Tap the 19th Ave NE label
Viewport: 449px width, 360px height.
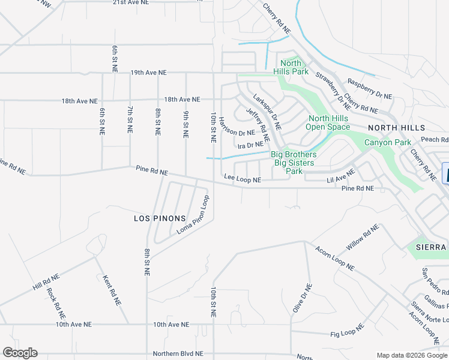click(148, 73)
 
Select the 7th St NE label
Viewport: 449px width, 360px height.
click(130, 119)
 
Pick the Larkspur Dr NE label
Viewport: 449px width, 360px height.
click(267, 112)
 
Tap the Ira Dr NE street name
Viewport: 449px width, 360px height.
click(250, 145)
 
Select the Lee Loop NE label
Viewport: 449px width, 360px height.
click(243, 179)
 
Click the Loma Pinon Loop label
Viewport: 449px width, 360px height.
click(193, 214)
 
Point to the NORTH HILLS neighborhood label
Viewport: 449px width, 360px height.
click(396, 128)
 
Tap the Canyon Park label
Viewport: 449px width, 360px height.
click(388, 142)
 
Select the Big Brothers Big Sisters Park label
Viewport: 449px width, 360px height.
click(295, 163)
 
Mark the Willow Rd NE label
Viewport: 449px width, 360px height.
click(363, 238)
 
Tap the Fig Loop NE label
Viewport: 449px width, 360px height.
click(348, 331)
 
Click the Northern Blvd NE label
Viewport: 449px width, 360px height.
click(178, 354)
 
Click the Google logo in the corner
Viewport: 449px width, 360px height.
click(20, 353)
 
